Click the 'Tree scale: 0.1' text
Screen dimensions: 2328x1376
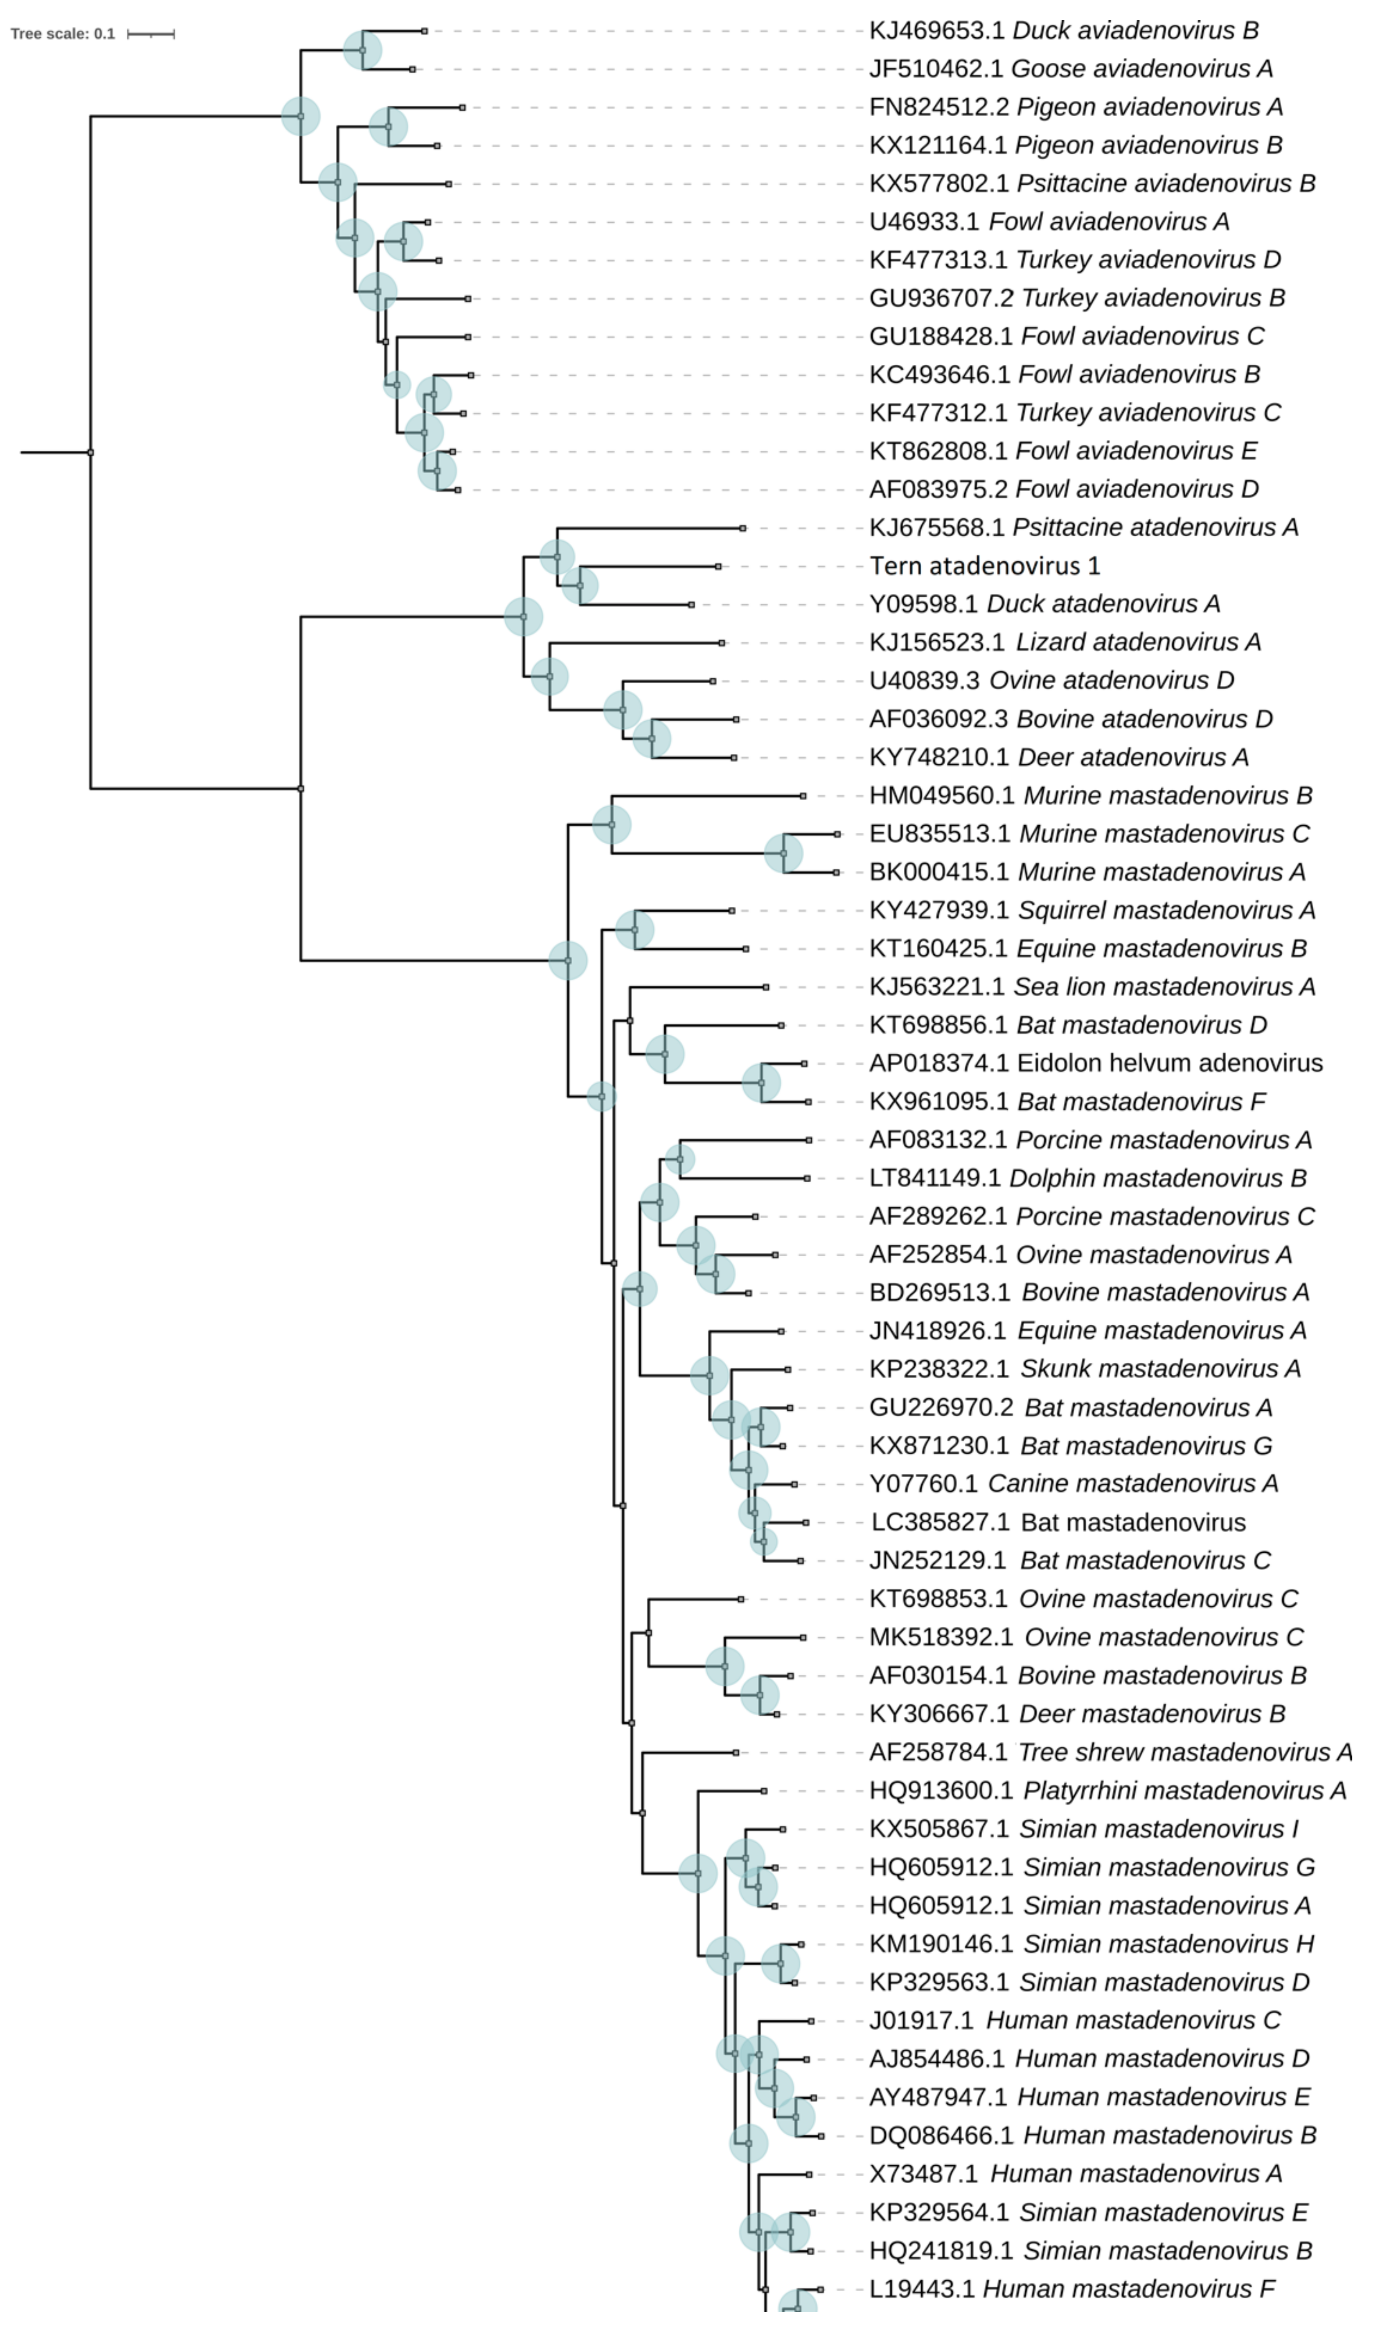pyautogui.click(x=62, y=34)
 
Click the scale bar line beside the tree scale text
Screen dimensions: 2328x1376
pyautogui.click(x=150, y=34)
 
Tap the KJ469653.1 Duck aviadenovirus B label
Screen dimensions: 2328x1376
pyautogui.click(x=1063, y=31)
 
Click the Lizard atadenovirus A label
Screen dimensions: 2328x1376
pyautogui.click(x=1065, y=642)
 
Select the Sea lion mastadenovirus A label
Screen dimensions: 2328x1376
pyautogui.click(x=1091, y=987)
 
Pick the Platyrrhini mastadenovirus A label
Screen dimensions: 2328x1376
pyautogui.click(x=1107, y=1790)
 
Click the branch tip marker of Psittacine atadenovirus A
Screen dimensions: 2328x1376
pyautogui.click(x=743, y=528)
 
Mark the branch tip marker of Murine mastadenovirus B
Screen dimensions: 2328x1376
pyautogui.click(x=803, y=795)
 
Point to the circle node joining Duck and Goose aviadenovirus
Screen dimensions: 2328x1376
pyautogui.click(x=363, y=50)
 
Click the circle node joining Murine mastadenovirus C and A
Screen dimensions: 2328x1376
pyautogui.click(x=784, y=853)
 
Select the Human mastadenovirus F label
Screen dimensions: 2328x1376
pyautogui.click(x=1071, y=2289)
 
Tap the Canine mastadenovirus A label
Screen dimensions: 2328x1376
pyautogui.click(x=1073, y=1483)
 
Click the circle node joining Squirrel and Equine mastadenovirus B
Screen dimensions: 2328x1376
pyautogui.click(x=634, y=929)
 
